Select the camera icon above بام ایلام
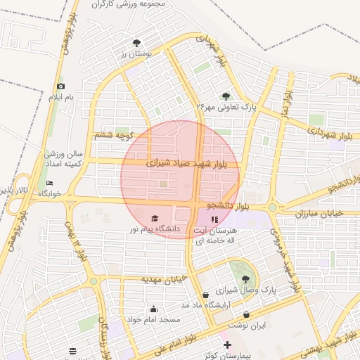(60, 86)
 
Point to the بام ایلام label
(60, 96)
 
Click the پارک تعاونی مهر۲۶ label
(227, 108)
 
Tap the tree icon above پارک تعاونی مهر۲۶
(226, 96)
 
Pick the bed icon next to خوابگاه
(49, 183)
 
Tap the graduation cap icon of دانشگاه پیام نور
(155, 218)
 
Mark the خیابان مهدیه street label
(164, 279)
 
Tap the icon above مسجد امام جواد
(153, 309)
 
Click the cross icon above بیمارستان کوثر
(226, 346)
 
